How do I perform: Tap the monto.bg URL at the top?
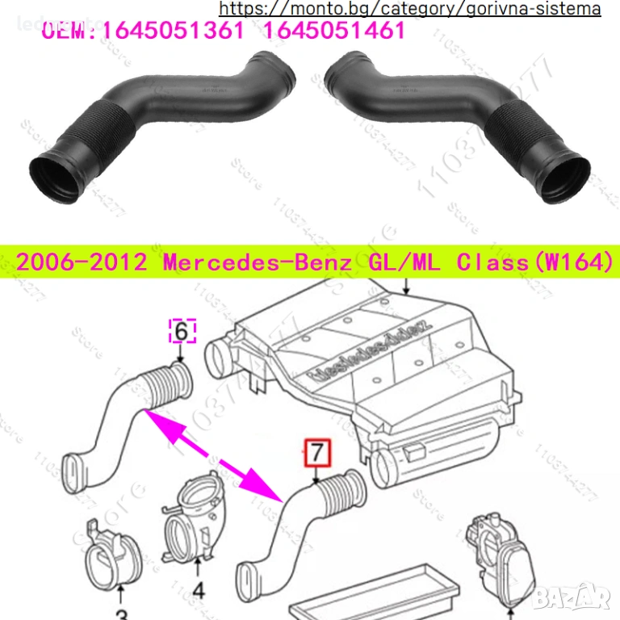point(410,9)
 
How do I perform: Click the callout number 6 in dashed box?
point(182,331)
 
